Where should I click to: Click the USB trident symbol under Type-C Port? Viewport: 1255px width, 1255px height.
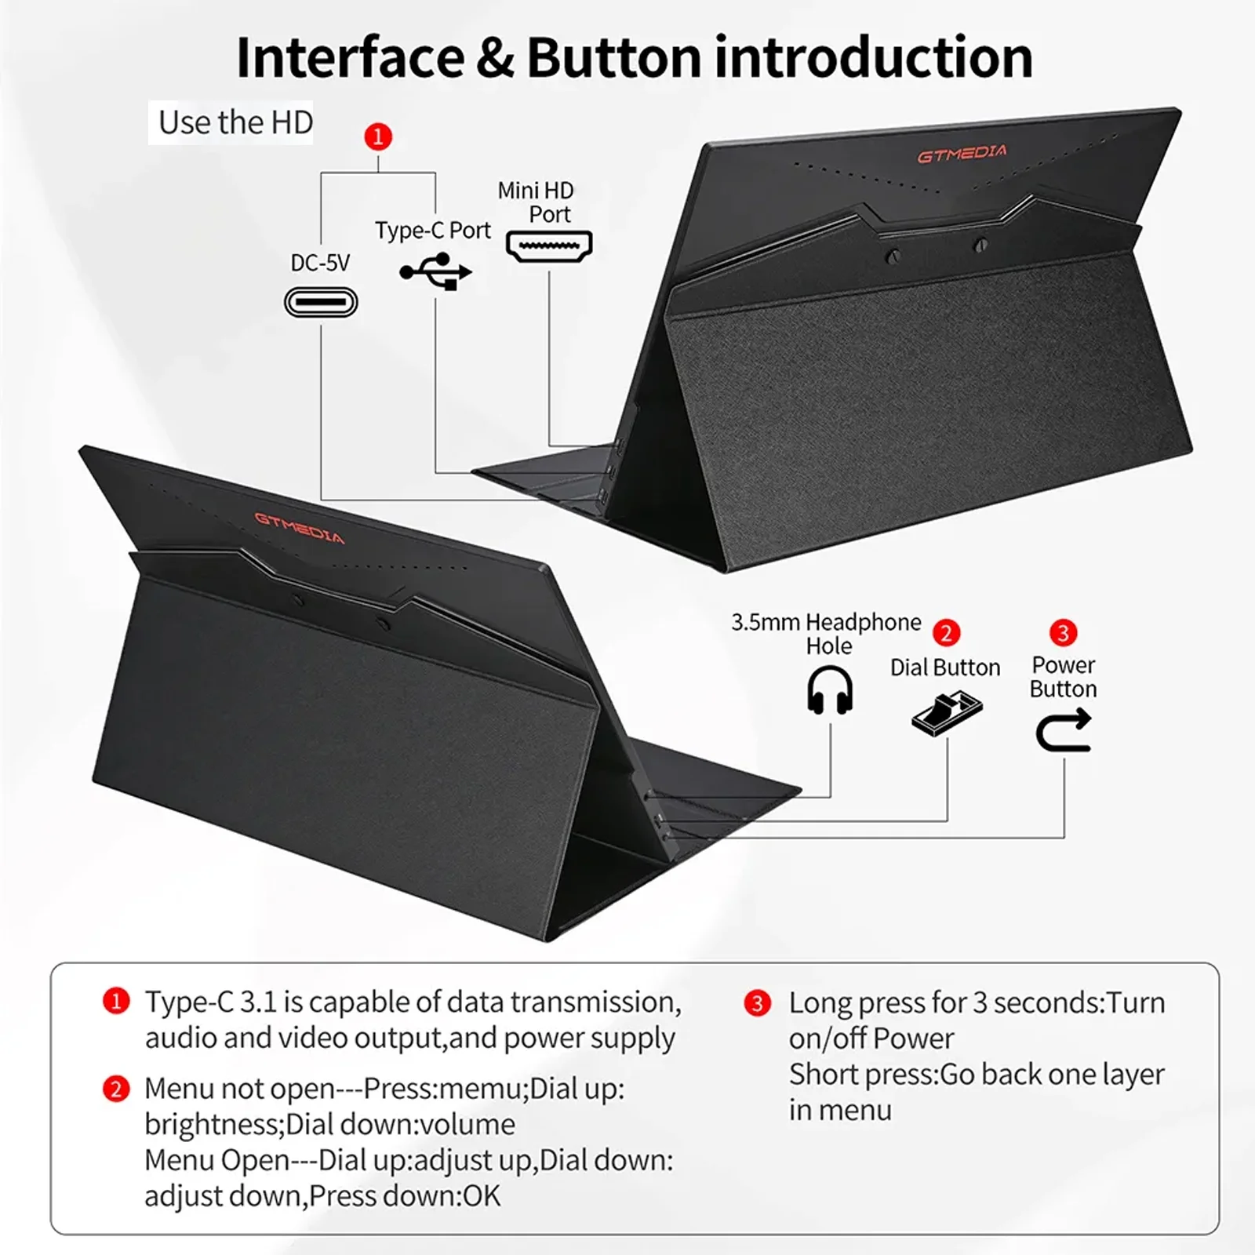(435, 271)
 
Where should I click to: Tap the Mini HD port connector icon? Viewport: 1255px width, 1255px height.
(549, 246)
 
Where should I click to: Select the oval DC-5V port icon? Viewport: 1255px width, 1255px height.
(321, 302)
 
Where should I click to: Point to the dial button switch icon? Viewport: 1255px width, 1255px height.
(947, 713)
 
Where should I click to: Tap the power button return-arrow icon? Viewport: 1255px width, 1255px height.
(1064, 729)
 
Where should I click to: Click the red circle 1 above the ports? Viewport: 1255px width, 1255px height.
(378, 137)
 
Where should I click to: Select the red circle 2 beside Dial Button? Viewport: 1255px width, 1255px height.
(947, 633)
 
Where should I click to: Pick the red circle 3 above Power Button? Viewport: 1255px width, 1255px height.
(1064, 632)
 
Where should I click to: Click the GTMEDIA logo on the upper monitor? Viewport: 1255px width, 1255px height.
(962, 154)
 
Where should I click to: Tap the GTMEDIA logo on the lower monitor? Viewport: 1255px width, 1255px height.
(300, 527)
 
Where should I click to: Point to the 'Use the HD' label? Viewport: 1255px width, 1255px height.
(235, 122)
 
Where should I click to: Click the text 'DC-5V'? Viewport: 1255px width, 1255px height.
(320, 263)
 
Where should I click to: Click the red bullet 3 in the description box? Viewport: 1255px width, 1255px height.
(757, 1003)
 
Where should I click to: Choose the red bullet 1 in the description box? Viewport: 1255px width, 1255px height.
(116, 1002)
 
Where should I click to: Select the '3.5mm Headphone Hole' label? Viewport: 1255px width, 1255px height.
(827, 634)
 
